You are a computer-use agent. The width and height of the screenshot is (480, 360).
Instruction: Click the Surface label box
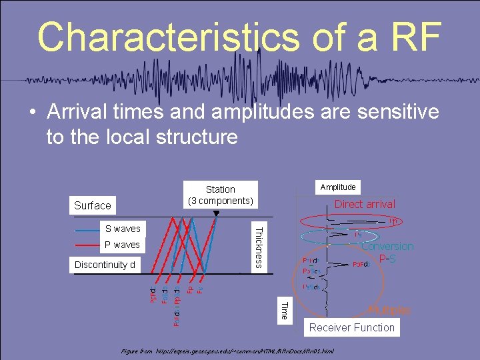pos(93,205)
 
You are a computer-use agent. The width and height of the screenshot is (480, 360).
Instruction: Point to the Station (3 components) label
pos(220,195)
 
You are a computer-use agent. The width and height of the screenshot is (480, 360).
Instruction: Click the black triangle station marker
pos(216,213)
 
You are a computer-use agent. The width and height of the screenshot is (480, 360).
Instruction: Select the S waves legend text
pos(123,229)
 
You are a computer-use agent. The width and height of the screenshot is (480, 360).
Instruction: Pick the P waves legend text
pos(123,245)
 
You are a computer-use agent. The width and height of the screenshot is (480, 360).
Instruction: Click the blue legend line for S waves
pos(87,229)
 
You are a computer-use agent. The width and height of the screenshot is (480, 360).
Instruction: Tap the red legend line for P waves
pos(87,245)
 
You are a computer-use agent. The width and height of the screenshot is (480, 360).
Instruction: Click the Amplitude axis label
pos(338,187)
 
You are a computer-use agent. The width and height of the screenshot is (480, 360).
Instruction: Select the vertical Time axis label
pos(284,310)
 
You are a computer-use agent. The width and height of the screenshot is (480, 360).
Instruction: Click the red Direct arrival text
pos(365,204)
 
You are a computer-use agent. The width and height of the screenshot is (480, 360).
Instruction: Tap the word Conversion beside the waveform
pos(387,246)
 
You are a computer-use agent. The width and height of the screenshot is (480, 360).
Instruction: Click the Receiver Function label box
pos(352,327)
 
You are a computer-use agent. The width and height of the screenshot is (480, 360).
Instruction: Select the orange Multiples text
pos(389,310)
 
